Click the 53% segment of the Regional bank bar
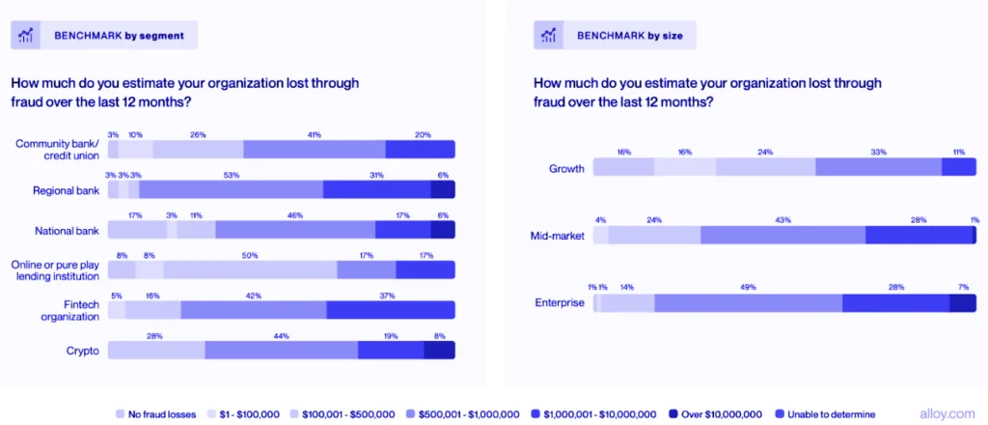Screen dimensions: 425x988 point(231,189)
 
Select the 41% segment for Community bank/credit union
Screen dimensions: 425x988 point(314,149)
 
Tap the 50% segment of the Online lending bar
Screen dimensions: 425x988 point(250,269)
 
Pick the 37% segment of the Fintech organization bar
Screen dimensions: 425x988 point(390,310)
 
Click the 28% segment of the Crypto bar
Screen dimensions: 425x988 point(155,350)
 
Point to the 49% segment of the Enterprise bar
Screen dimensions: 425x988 point(748,303)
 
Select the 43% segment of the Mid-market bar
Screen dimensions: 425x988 point(782,235)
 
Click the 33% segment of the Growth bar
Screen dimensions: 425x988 point(878,167)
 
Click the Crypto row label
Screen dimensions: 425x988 point(83,351)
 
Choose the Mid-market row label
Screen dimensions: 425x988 point(559,235)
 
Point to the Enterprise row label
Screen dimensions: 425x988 point(560,303)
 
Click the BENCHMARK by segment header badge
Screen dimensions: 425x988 point(104,36)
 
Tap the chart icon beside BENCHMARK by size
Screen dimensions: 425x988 point(549,36)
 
